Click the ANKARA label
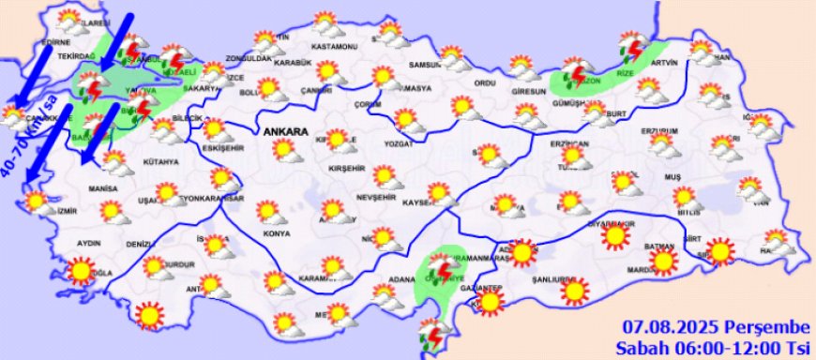click(286, 132)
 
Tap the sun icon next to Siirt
click(719, 251)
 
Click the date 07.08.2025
click(672, 326)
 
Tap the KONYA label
click(277, 233)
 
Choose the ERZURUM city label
click(658, 130)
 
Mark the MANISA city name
click(103, 188)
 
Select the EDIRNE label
click(57, 42)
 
